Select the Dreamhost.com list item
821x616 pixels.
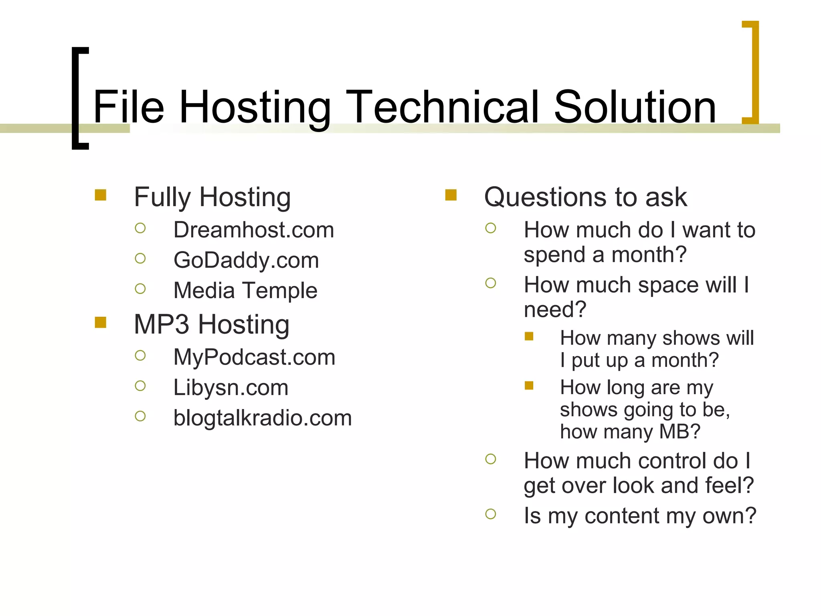(253, 230)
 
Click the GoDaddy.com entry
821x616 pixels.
(246, 260)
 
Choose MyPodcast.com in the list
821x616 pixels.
(254, 357)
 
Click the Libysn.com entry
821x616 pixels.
(231, 387)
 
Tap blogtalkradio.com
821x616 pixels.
(262, 418)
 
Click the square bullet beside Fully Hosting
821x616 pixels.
(101, 195)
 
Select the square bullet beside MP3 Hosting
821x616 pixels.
(101, 322)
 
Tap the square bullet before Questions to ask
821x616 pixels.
(451, 195)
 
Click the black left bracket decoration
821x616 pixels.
(79, 98)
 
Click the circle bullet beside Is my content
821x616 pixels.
(491, 514)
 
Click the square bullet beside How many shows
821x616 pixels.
(529, 336)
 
